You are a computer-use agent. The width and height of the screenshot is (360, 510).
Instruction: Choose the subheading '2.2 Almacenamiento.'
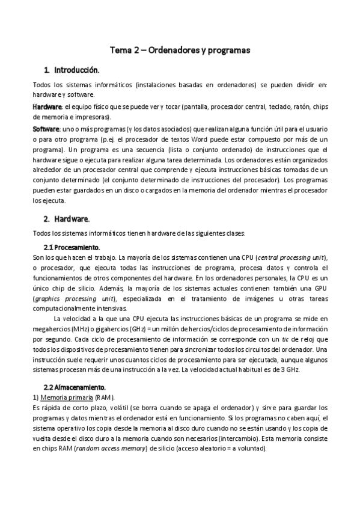coord(75,387)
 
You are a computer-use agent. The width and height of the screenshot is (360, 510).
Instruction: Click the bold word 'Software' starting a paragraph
coord(46,129)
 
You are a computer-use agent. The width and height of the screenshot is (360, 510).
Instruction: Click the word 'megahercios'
coord(53,329)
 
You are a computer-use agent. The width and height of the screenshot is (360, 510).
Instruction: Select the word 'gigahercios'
coord(111,329)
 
